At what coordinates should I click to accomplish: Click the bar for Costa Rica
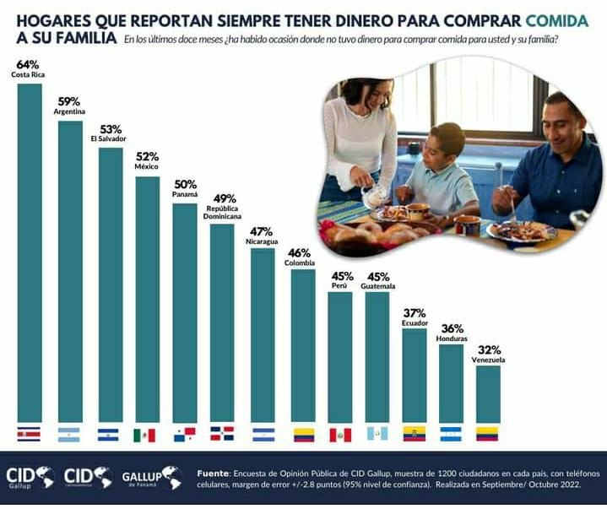pos(29,253)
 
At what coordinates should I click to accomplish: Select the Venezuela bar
pos(488,393)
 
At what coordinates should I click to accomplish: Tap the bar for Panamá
pos(185,312)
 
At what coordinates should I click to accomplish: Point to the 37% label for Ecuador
pos(414,313)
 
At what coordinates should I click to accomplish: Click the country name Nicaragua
pos(263,241)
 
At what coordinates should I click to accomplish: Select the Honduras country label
pos(451,338)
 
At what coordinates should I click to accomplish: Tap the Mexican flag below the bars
pos(144,435)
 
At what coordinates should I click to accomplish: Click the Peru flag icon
pos(340,435)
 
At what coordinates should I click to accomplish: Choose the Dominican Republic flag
pos(222,433)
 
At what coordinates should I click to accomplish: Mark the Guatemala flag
pos(377,433)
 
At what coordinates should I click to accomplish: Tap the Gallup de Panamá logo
pos(152,478)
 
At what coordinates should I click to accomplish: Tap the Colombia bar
pos(303,346)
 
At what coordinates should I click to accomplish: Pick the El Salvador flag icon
pos(108,434)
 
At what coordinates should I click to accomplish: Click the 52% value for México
pos(148,157)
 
